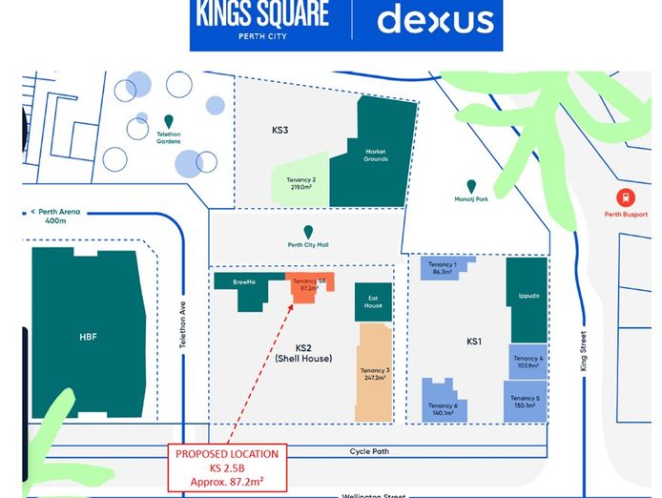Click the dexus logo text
click(435, 20)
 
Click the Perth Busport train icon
click(626, 197)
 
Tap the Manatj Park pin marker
click(471, 186)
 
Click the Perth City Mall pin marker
click(308, 231)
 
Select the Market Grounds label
click(375, 155)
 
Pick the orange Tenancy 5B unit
click(308, 286)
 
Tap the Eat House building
click(373, 301)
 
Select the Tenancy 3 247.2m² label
click(374, 374)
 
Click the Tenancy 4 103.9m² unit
click(528, 361)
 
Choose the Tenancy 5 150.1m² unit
click(525, 401)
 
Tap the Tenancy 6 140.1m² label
click(443, 407)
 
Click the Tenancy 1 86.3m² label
click(442, 268)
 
